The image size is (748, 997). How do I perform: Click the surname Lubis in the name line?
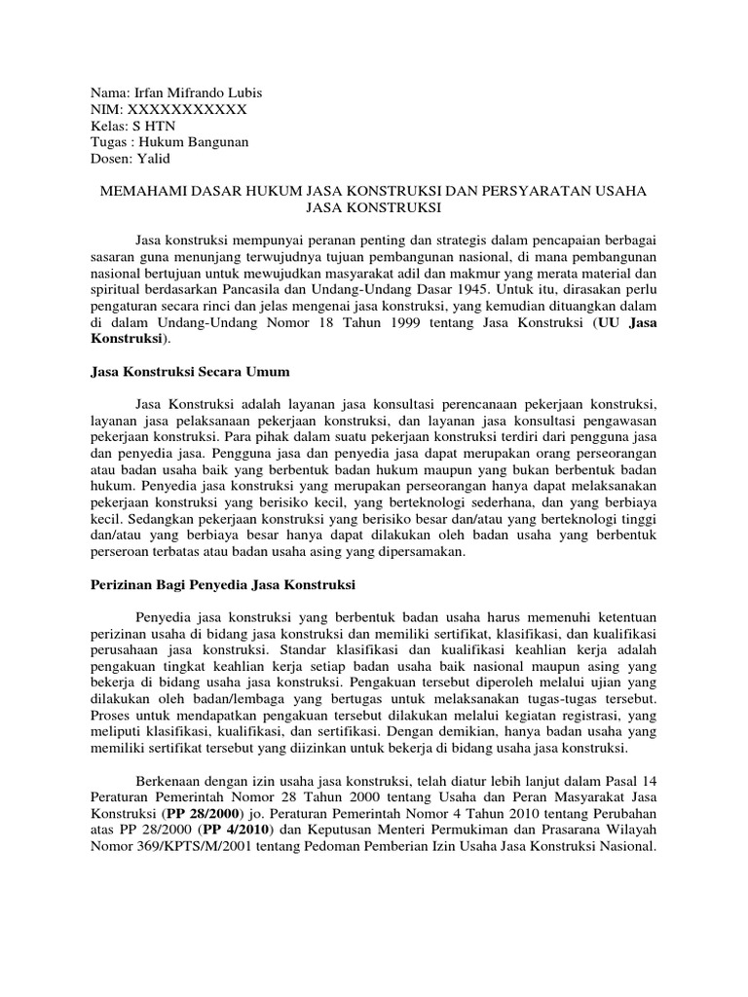[x=242, y=92]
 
